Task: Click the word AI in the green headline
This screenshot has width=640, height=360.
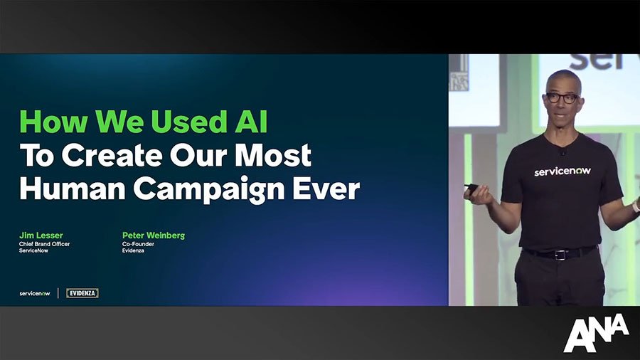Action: point(251,121)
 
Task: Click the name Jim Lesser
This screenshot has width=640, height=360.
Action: point(41,235)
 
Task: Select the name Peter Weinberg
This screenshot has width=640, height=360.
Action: point(154,235)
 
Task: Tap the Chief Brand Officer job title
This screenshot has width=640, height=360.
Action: point(45,243)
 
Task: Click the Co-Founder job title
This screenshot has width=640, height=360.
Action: point(138,243)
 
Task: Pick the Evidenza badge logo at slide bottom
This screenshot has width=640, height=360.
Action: point(82,293)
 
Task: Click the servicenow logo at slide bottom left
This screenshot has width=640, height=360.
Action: point(35,293)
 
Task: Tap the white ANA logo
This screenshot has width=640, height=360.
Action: point(596,333)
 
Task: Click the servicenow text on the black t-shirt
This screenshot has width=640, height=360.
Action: point(562,171)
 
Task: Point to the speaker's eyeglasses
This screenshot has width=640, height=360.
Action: point(562,97)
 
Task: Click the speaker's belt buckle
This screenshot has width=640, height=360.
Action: point(561,255)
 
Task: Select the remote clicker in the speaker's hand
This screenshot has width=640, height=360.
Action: point(472,189)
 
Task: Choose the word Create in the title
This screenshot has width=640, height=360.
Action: point(112,155)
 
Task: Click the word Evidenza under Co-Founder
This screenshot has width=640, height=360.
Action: point(133,250)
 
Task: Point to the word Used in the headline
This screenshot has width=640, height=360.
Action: point(188,121)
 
